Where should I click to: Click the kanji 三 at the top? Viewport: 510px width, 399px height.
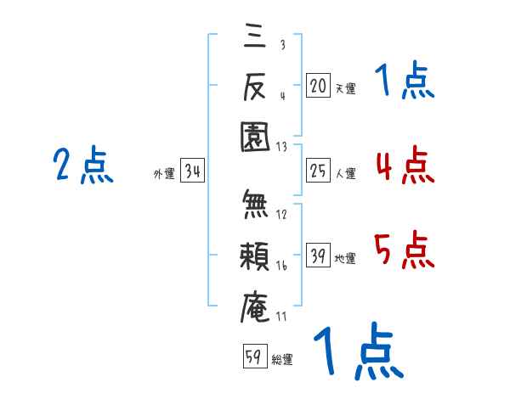click(x=258, y=37)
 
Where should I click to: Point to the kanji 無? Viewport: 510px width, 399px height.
click(x=258, y=205)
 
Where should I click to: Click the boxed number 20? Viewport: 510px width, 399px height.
click(x=318, y=85)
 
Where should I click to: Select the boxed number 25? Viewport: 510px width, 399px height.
click(x=318, y=172)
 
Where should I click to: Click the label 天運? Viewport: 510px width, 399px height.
click(x=345, y=87)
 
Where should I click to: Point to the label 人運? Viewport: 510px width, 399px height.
click(x=345, y=174)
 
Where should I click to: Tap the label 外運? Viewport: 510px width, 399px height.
click(x=164, y=174)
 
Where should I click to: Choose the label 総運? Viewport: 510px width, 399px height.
click(x=282, y=360)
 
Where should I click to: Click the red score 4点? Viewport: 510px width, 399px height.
click(x=404, y=165)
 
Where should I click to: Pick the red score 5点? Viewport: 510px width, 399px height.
click(x=404, y=250)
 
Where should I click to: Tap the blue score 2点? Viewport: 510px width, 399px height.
click(x=83, y=165)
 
